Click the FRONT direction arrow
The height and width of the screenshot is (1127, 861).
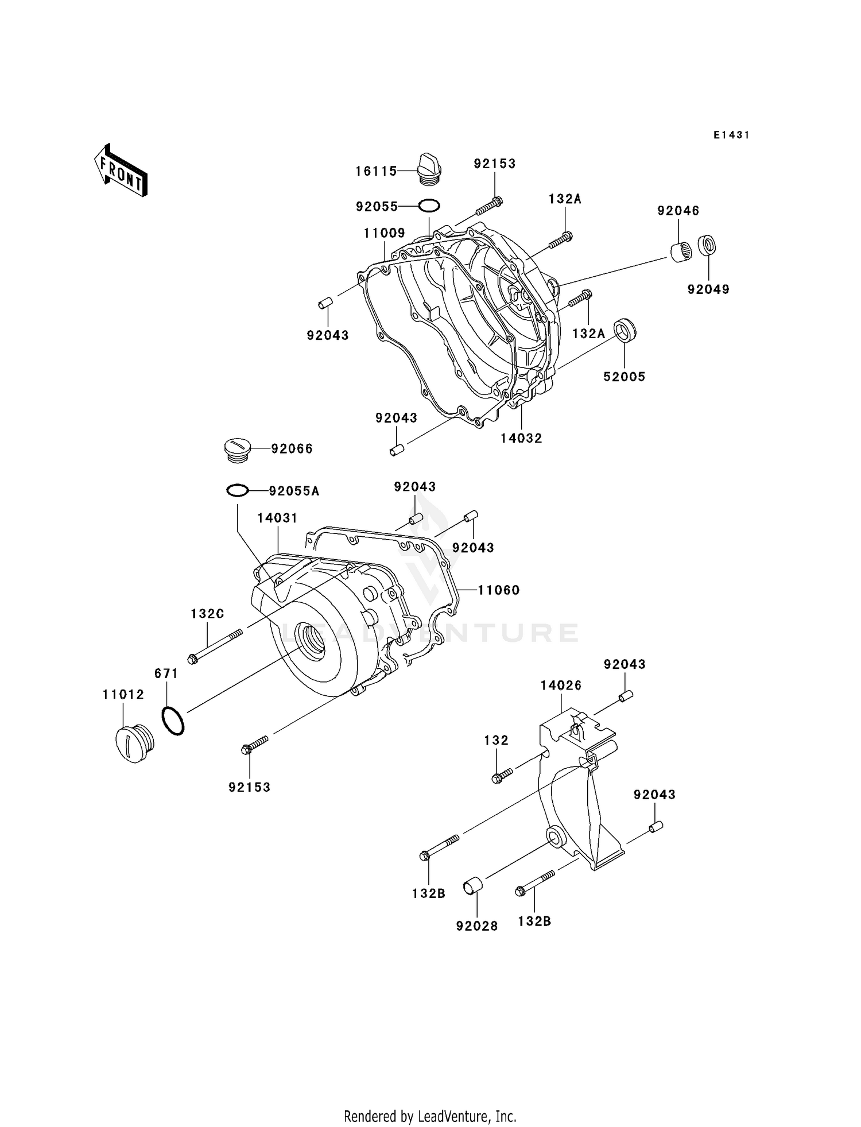point(121,171)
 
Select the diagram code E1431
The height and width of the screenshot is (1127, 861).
point(731,135)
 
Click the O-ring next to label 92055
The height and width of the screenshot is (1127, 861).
point(429,205)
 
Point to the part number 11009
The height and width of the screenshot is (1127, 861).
point(384,233)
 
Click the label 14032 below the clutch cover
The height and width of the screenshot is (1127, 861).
point(521,438)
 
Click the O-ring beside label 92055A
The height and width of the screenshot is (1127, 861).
point(237,491)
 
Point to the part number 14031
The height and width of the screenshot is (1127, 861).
point(277,518)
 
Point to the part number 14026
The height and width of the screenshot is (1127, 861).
point(561,685)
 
